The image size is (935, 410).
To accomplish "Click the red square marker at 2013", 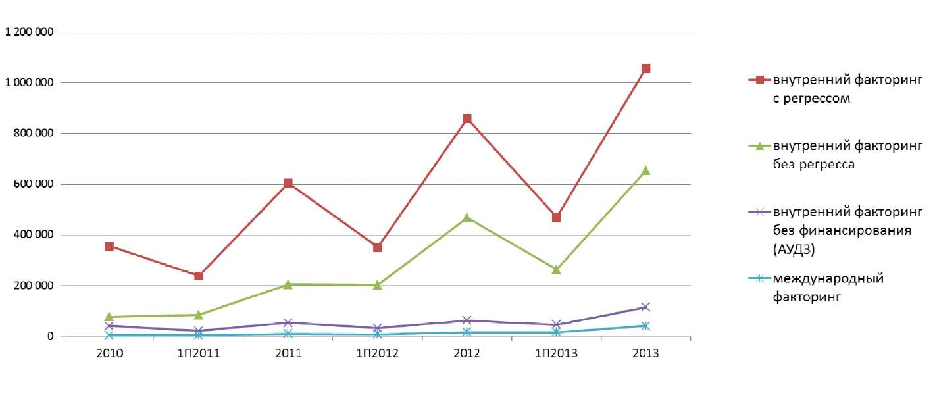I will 645,68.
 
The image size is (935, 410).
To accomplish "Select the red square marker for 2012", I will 467,118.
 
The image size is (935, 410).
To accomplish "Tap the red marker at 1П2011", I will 199,276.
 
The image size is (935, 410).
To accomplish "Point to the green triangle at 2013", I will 645,170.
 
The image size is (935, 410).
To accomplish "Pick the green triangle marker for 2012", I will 467,217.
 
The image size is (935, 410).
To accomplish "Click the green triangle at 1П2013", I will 556,269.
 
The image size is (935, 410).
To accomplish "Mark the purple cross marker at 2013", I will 645,307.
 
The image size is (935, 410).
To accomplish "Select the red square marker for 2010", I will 109,246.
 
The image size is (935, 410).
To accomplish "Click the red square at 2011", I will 288,184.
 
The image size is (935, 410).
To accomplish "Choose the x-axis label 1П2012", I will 377,353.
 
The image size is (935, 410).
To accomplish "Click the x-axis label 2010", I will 109,353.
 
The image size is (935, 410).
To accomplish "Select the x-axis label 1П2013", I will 556,353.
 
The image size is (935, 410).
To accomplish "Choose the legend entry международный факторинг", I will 828,288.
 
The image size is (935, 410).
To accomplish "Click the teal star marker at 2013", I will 645,326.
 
